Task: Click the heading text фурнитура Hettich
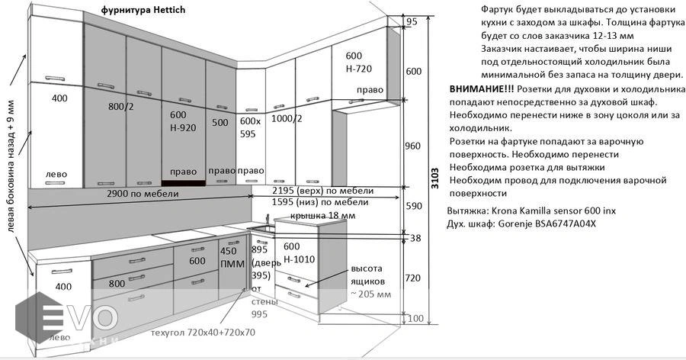coord(143,11)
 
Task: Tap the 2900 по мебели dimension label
coord(142,194)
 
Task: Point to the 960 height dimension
coord(412,146)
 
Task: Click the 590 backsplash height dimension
coord(413,206)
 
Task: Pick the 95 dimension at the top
coord(412,22)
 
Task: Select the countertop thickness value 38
coord(415,238)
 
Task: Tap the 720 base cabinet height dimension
coord(413,278)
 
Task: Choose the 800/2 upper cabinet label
coord(121,108)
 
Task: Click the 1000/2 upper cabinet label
coord(287,118)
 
